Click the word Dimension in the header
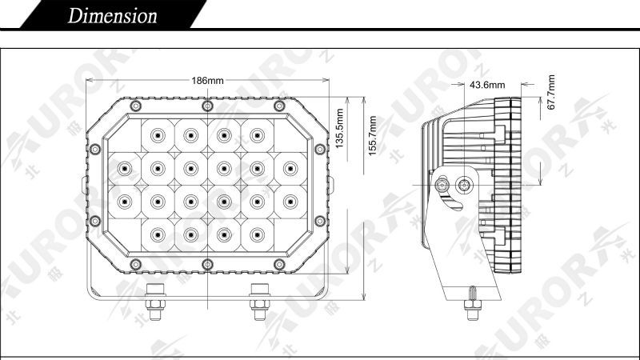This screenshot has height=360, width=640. click(x=112, y=16)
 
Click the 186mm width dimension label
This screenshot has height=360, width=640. click(x=208, y=81)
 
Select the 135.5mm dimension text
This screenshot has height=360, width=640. click(x=339, y=128)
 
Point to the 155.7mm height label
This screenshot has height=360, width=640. click(x=372, y=135)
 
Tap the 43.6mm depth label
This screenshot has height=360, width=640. click(x=487, y=85)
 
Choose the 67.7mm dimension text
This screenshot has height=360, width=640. click(x=551, y=92)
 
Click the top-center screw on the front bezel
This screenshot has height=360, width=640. click(x=208, y=106)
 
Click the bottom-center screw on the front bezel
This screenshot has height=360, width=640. click(x=208, y=264)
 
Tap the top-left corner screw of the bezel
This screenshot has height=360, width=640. click(x=136, y=106)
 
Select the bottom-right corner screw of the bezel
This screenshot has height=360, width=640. click(x=279, y=264)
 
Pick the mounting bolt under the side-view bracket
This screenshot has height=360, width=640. click(x=473, y=304)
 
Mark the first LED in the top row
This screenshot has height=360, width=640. click(x=158, y=135)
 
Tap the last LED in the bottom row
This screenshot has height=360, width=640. click(x=257, y=234)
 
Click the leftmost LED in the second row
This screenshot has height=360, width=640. click(x=125, y=168)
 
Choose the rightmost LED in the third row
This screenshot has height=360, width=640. click(x=290, y=202)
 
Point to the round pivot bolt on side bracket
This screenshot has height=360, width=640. click(x=464, y=186)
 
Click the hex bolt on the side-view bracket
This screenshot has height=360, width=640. click(x=442, y=186)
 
